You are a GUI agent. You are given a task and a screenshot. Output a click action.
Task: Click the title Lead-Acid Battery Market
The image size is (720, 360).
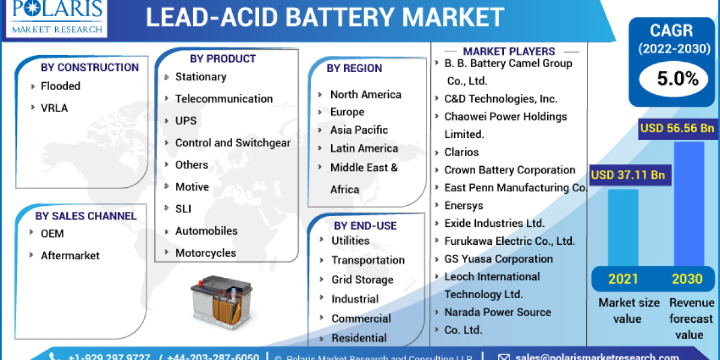pyautogui.click(x=325, y=17)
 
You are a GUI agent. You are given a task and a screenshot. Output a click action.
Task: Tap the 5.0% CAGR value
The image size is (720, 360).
pyautogui.click(x=669, y=78)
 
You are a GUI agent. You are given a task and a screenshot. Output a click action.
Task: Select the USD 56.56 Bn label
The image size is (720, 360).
pyautogui.click(x=677, y=128)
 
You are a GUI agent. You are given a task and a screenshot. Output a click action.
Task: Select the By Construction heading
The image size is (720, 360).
pyautogui.click(x=89, y=67)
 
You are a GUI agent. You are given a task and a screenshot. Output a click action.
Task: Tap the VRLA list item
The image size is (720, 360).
pyautogui.click(x=54, y=108)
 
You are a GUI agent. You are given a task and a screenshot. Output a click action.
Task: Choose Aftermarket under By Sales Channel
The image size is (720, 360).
pyautogui.click(x=70, y=256)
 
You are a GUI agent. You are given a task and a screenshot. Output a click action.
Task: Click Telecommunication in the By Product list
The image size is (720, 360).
pyautogui.click(x=223, y=98)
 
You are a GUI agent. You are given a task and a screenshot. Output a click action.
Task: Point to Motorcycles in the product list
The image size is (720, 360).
pyautogui.click(x=205, y=253)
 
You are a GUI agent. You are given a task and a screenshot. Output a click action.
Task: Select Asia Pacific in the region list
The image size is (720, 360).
pyautogui.click(x=359, y=130)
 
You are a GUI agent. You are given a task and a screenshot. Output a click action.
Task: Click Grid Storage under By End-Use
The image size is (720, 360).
pyautogui.click(x=362, y=280)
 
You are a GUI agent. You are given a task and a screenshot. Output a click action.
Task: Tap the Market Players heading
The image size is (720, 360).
pyautogui.click(x=509, y=52)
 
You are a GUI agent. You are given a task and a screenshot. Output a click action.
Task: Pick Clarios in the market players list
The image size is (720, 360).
pyautogui.click(x=461, y=152)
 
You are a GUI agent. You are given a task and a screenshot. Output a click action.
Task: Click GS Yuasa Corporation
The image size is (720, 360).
pyautogui.click(x=499, y=259)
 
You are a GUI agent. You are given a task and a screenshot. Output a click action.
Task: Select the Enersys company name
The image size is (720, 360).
pyautogui.click(x=463, y=205)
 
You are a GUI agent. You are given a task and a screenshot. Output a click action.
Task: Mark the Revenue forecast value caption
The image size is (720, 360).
pyautogui.click(x=691, y=319)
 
